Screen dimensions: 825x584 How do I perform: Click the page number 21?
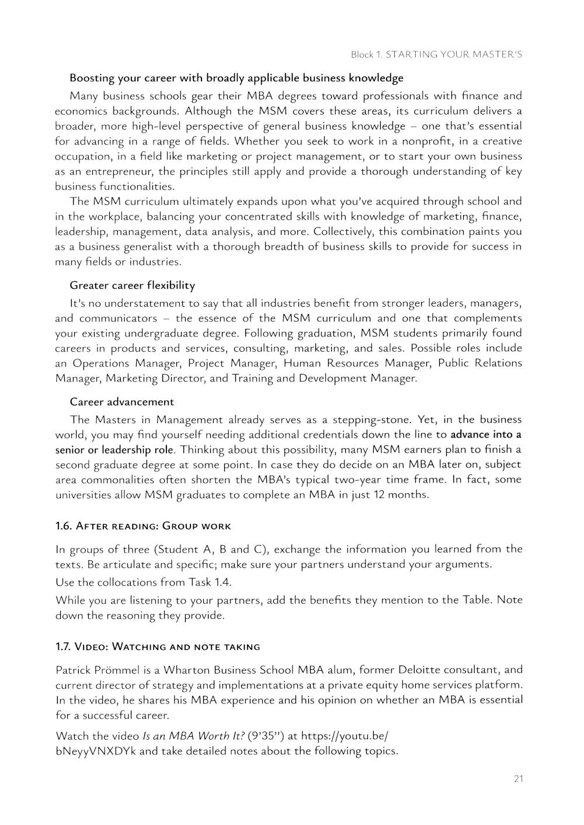tap(518, 778)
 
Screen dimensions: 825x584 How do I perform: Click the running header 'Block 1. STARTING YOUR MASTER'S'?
tap(436, 54)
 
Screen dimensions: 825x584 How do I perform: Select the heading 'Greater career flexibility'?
tap(132, 285)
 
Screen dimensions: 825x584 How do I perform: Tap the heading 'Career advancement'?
tap(121, 401)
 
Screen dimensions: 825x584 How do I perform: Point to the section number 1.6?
tap(63, 526)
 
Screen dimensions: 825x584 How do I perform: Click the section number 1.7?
tap(63, 646)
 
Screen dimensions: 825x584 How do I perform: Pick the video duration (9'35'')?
tap(266, 736)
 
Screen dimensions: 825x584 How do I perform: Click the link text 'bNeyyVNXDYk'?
tap(96, 751)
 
